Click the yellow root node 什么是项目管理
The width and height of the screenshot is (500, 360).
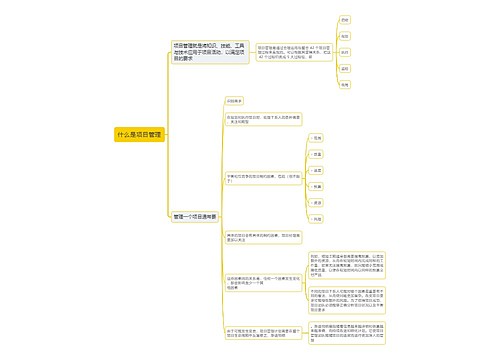(x=138, y=133)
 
